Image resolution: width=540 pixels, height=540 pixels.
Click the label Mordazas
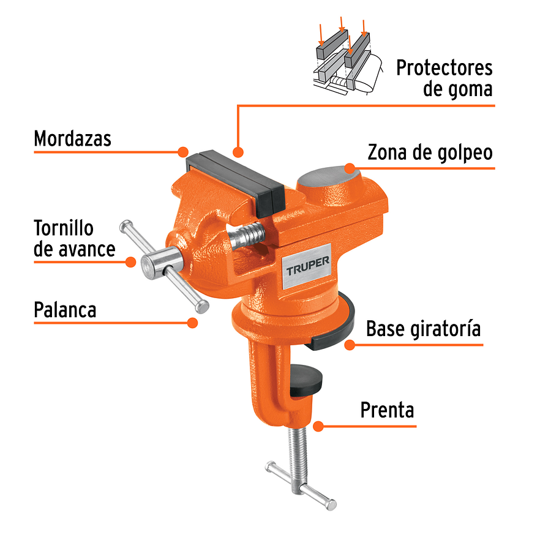tap(72, 138)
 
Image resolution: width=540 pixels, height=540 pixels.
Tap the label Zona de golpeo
tap(430, 152)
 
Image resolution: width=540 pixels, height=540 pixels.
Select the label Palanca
tap(65, 309)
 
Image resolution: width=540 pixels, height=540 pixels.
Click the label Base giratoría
tap(423, 329)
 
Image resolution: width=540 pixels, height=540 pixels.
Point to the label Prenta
tap(387, 410)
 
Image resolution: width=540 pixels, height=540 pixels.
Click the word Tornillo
tap(64, 228)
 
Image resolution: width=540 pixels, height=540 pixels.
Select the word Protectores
tap(444, 67)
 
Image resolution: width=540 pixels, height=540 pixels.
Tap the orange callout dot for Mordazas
tap(182, 151)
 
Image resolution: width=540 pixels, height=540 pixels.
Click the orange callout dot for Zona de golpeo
tap(350, 168)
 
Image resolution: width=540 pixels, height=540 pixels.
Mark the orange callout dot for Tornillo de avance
tap(130, 261)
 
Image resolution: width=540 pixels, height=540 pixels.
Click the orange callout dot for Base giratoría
tap(350, 345)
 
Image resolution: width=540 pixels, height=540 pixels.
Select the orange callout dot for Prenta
tap(318, 426)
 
